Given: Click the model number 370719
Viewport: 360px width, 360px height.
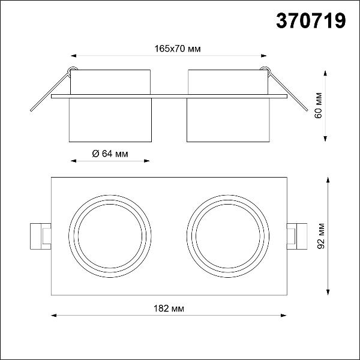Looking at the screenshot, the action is click(311, 20).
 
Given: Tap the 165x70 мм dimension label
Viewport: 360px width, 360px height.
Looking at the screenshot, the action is click(178, 49).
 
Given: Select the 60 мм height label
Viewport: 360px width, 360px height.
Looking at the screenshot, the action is click(318, 106).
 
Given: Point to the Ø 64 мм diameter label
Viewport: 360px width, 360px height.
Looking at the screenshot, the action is click(110, 154).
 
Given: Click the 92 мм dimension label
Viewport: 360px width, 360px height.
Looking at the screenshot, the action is click(320, 236).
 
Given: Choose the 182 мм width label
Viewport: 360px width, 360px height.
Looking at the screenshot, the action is click(169, 308).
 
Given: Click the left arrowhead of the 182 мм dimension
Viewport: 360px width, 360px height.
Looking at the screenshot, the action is click(54, 316).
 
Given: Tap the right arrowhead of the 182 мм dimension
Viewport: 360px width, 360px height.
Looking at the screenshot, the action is click(284, 316).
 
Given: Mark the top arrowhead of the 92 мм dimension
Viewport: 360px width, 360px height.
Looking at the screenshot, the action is click(328, 180).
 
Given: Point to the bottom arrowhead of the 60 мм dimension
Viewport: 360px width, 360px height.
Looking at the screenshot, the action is click(325, 139).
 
